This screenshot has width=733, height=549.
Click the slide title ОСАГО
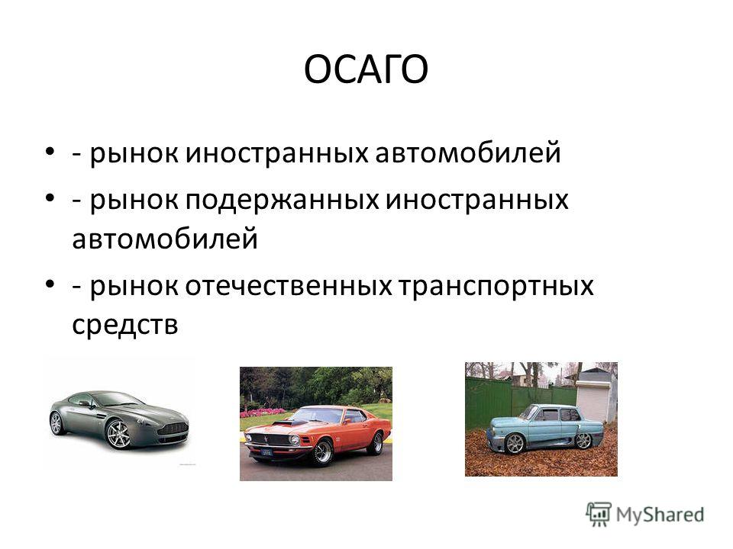[x=366, y=69]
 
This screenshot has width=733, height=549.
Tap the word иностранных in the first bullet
[x=276, y=152]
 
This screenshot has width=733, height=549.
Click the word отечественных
[x=288, y=285]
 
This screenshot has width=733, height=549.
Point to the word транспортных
[x=496, y=287]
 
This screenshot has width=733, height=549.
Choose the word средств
[x=124, y=324]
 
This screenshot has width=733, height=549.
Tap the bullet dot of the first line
[x=50, y=152]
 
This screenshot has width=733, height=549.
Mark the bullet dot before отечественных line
[x=50, y=284]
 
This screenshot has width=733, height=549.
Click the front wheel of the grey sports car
[x=118, y=434]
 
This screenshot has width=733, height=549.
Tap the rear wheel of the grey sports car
[x=57, y=423]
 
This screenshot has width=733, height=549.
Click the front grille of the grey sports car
[x=173, y=429]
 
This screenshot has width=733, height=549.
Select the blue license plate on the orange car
[x=266, y=452]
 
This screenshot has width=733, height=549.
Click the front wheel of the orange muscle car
[x=322, y=451]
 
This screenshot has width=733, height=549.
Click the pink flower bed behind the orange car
[x=263, y=412]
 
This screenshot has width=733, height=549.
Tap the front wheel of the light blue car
[x=515, y=443]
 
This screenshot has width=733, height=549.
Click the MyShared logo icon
[x=599, y=515]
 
